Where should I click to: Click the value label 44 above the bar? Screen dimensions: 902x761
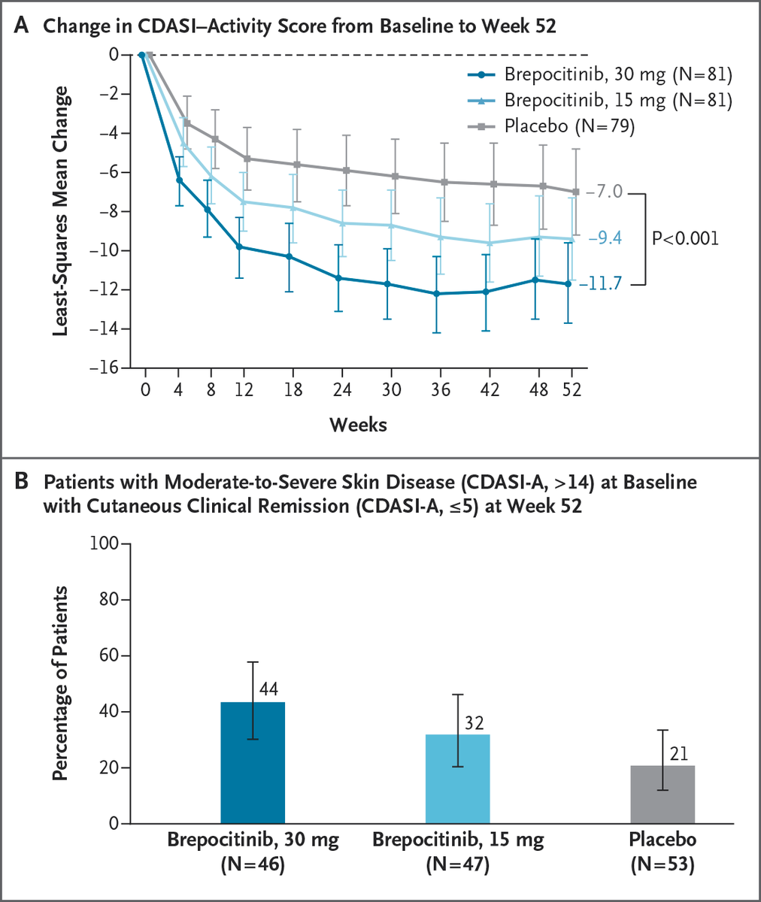click(269, 689)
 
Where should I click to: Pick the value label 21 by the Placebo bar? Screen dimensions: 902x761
click(678, 754)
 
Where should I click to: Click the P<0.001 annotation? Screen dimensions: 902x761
click(684, 239)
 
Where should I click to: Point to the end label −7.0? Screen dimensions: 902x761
click(604, 192)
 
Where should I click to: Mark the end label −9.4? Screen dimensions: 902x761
click(604, 239)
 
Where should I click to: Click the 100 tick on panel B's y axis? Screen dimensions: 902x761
click(110, 543)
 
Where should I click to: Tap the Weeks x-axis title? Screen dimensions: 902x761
click(358, 425)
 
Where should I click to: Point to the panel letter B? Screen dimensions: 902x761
click(23, 482)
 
